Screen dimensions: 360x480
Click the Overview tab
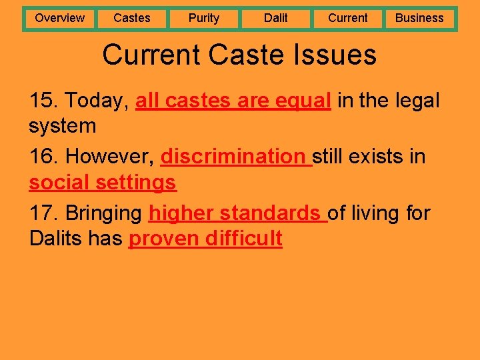pyautogui.click(x=60, y=18)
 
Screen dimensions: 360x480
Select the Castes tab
pyautogui.click(x=132, y=18)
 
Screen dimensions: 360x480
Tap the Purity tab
pyautogui.click(x=204, y=18)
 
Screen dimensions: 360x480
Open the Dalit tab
pyautogui.click(x=276, y=18)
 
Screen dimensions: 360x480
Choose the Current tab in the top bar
pyautogui.click(x=348, y=18)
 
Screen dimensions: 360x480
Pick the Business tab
pyautogui.click(x=419, y=18)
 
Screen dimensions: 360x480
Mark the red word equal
pyautogui.click(x=303, y=101)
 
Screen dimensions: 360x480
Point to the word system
pyautogui.click(x=63, y=126)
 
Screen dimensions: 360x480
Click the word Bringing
pyautogui.click(x=103, y=213)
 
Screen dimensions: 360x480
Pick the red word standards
pyautogui.click(x=270, y=213)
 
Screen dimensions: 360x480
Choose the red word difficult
pyautogui.click(x=245, y=238)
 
